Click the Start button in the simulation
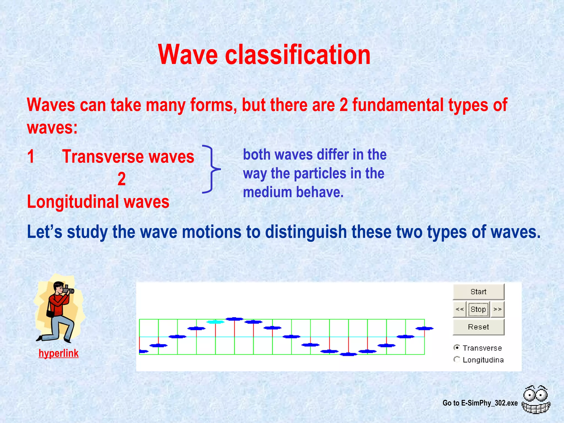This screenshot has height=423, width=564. (478, 292)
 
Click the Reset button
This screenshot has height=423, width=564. (478, 327)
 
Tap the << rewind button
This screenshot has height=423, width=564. (459, 309)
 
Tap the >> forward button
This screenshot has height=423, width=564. (497, 309)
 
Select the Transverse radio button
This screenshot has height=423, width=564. (457, 348)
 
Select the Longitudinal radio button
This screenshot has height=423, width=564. (457, 359)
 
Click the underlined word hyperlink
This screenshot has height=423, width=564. (58, 353)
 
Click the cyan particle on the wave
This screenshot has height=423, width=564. (215, 322)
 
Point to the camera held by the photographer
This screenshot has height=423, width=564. (68, 290)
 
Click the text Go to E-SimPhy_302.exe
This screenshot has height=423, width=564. (480, 403)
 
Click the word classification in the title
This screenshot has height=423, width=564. (297, 55)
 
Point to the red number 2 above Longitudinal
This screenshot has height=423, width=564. (121, 179)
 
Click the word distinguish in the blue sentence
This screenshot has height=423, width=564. (306, 232)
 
